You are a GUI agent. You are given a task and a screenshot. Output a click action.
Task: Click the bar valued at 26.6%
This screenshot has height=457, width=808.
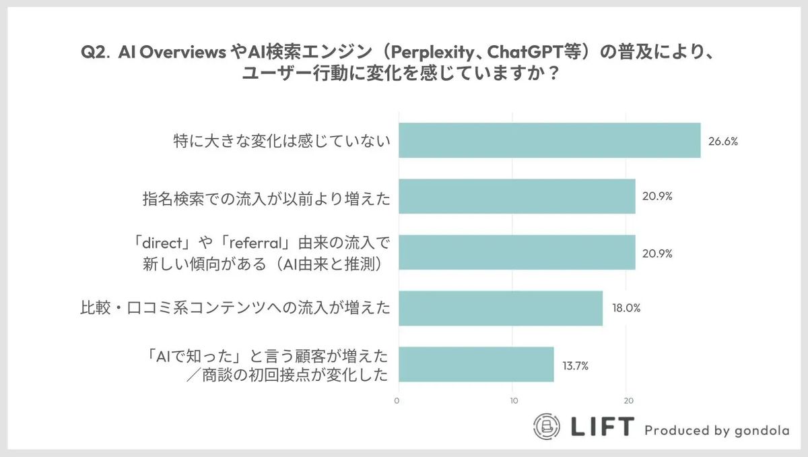[549, 140]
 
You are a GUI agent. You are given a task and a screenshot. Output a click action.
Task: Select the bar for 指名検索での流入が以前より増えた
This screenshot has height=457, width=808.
[516, 196]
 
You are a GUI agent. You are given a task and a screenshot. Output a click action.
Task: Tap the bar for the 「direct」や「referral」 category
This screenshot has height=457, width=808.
[516, 252]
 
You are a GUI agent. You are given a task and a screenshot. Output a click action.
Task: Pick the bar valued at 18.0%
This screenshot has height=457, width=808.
[500, 308]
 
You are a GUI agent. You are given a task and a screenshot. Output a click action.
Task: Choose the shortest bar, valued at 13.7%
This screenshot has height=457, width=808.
[476, 364]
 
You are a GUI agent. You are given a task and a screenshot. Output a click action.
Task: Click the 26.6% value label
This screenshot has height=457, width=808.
[722, 142]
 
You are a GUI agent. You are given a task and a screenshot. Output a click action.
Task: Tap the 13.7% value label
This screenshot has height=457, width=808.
[576, 365]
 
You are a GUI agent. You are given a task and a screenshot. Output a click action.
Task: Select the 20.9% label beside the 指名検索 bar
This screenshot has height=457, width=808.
[657, 197]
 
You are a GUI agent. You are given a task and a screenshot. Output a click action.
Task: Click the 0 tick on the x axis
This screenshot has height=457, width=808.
[397, 401]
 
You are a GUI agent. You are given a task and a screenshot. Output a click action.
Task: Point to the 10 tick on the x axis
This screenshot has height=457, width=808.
[514, 401]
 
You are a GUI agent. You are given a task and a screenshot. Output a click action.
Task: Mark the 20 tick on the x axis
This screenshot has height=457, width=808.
[628, 401]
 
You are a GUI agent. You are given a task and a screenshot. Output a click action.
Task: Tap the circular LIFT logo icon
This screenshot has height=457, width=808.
[547, 427]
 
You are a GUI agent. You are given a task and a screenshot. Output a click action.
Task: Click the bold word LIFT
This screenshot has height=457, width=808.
[603, 426]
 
